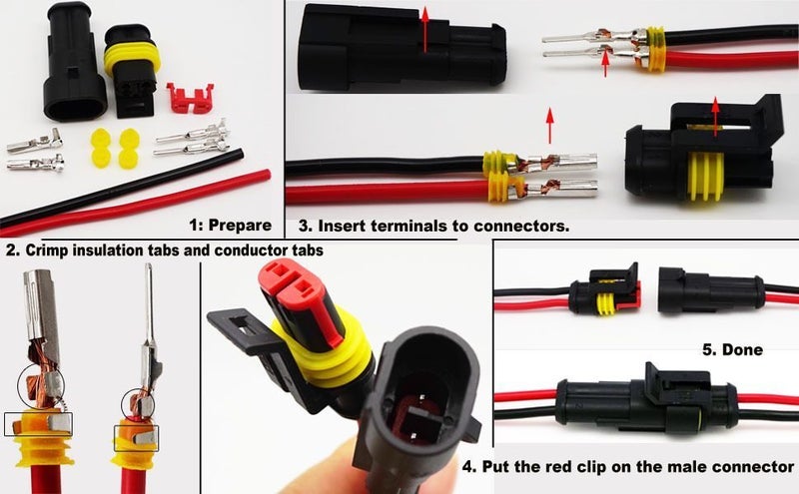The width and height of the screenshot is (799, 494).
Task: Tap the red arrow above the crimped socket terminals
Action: pos(548,126)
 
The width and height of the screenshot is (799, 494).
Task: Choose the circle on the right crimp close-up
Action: pos(136,402)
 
